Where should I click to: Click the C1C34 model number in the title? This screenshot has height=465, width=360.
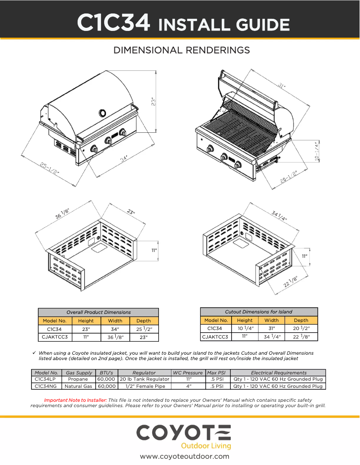tap(114, 22)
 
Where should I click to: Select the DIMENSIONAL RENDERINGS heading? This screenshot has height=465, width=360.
tap(182, 50)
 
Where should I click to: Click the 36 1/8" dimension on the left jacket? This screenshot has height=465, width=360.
tap(65, 212)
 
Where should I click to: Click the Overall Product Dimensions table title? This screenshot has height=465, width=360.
tap(98, 312)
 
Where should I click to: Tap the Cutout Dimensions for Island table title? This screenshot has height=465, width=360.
tap(258, 312)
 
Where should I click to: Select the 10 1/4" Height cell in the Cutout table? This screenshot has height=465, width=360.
tap(245, 329)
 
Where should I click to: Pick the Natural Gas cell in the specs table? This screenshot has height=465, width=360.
tap(78, 386)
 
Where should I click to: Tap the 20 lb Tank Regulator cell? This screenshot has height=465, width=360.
tap(144, 379)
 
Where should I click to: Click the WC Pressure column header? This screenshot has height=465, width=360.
tap(188, 373)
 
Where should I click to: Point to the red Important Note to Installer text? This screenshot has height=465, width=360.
tap(75, 400)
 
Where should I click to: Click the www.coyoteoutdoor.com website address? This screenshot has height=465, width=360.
tap(184, 456)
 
